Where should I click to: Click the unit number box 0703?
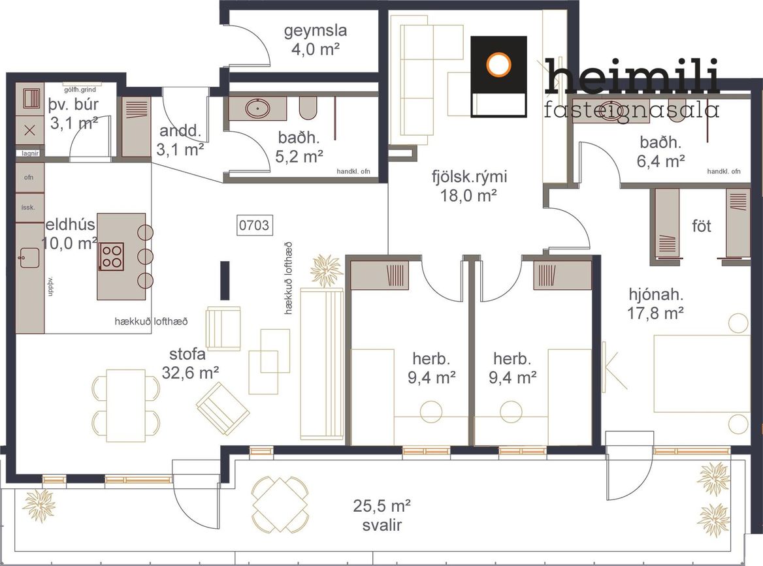click(255, 225)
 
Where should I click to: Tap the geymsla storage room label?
click(316, 31)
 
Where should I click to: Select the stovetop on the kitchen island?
click(112, 257)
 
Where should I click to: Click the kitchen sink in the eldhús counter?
click(29, 258)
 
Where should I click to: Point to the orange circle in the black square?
click(499, 64)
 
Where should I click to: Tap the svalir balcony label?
click(382, 525)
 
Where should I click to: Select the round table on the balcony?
click(280, 505)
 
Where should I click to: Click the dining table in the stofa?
click(126, 405)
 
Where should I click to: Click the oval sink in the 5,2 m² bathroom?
click(257, 108)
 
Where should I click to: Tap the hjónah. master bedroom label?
click(656, 294)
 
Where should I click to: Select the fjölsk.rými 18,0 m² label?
click(469, 186)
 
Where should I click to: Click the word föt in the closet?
click(701, 226)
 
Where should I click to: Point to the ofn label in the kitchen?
click(29, 178)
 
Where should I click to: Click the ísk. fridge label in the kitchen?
click(28, 207)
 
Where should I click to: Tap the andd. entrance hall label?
click(180, 131)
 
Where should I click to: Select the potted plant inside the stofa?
click(326, 270)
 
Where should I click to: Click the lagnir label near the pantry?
click(29, 153)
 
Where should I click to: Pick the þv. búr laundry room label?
click(73, 104)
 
